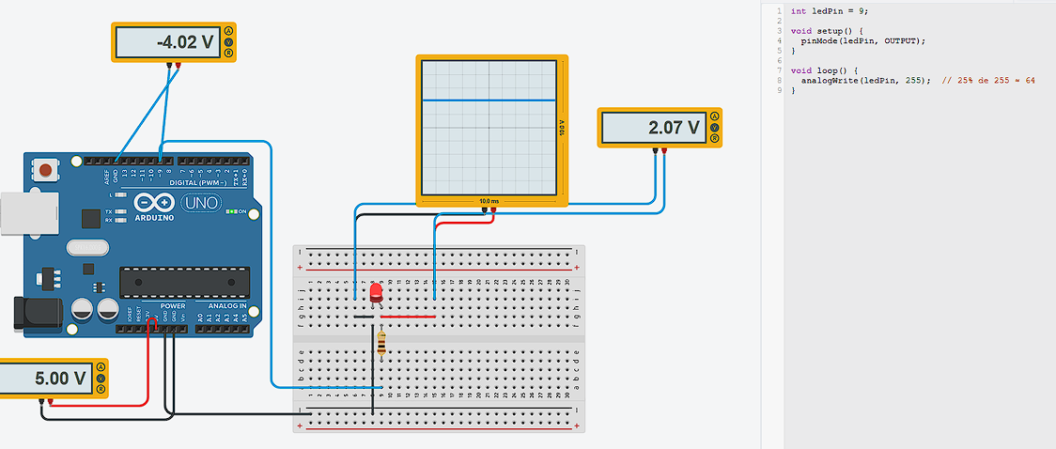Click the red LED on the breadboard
tap(377, 293)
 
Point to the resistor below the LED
tap(380, 344)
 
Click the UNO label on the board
tap(199, 203)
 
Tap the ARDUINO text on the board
tap(154, 217)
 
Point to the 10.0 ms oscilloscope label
tap(489, 201)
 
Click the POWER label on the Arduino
tap(173, 305)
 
